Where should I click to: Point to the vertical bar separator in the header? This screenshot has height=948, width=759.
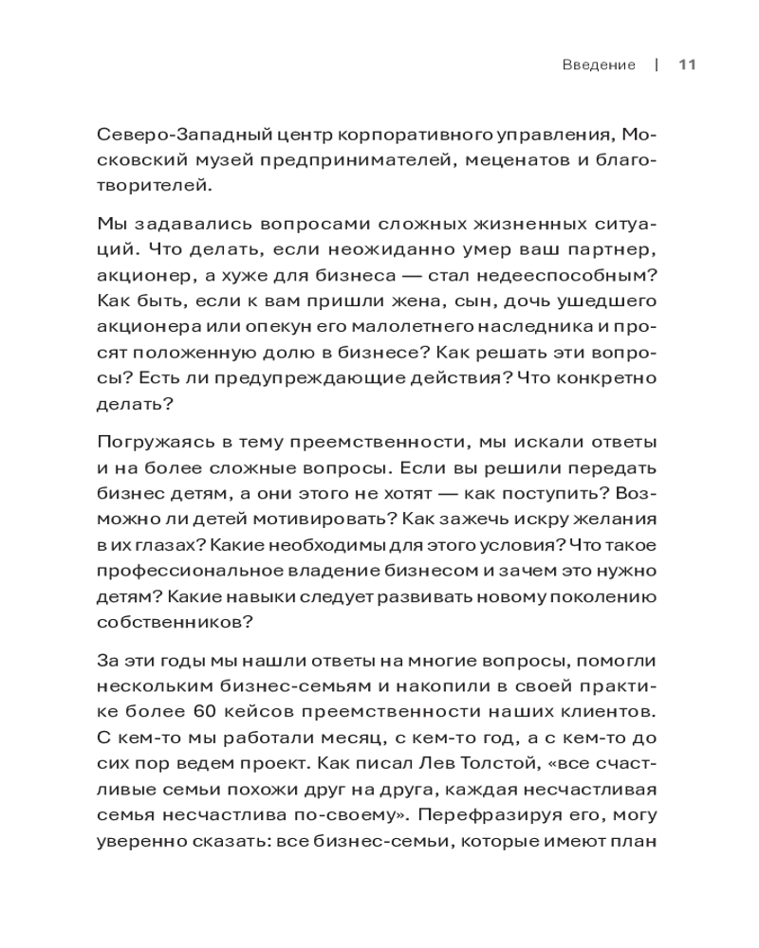click(657, 65)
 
